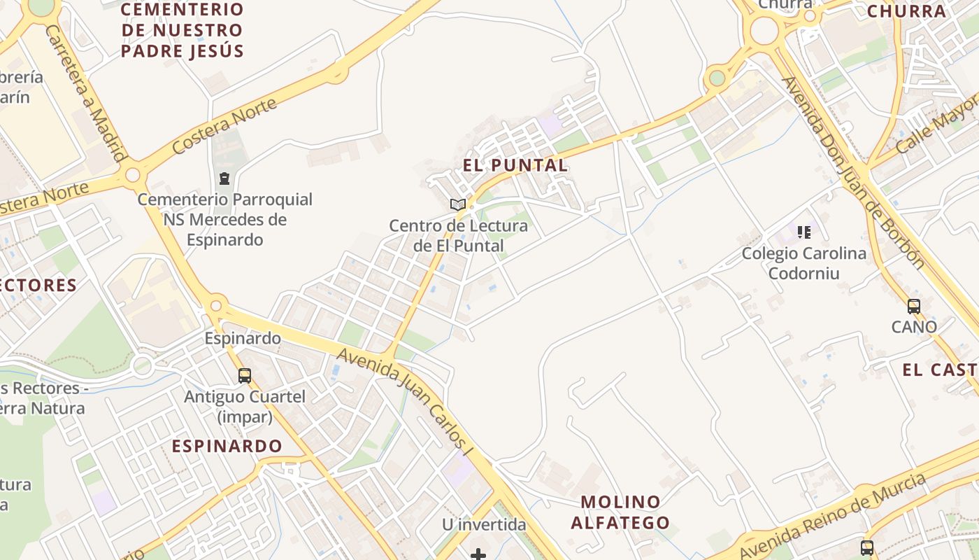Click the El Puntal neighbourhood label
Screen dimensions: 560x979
pos(515,166)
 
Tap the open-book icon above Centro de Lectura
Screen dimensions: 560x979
pos(458,204)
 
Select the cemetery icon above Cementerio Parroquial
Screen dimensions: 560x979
pos(224,178)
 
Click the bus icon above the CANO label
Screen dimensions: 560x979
pos(914,306)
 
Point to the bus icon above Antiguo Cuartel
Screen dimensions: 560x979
pos(245,375)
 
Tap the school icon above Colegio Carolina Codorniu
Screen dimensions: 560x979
pos(804,232)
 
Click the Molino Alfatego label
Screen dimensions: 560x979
pos(620,512)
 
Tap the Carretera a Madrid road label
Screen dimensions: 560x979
pos(85,94)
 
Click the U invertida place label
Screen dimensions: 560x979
pos(484,524)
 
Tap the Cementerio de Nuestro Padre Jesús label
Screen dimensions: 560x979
pos(182,31)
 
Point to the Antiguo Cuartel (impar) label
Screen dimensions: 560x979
pos(245,407)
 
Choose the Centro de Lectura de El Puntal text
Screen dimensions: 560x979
pos(458,236)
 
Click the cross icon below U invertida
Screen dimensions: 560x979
pos(478,554)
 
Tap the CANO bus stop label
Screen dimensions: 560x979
pos(914,327)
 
